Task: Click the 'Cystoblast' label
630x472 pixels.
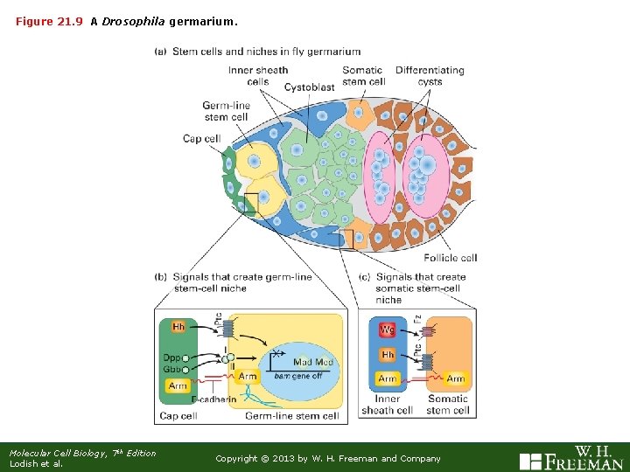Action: [x=310, y=87]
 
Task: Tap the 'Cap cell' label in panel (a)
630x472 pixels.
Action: [x=201, y=138]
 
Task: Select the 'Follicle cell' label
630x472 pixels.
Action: [x=450, y=258]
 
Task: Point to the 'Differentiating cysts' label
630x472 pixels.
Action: [x=430, y=76]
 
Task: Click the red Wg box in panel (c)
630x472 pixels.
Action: [x=388, y=330]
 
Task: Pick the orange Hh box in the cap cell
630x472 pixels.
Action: [x=178, y=327]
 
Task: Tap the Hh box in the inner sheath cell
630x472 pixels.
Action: [x=388, y=355]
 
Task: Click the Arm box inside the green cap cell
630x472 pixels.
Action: [x=178, y=385]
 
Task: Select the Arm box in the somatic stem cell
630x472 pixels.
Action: [x=456, y=378]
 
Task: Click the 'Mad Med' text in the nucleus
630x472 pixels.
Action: [x=313, y=363]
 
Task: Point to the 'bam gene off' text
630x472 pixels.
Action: [x=298, y=376]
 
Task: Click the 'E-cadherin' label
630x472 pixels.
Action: [x=215, y=400]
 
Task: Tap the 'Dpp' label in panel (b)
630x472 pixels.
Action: [x=171, y=357]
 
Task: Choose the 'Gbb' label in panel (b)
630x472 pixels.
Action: [x=171, y=369]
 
